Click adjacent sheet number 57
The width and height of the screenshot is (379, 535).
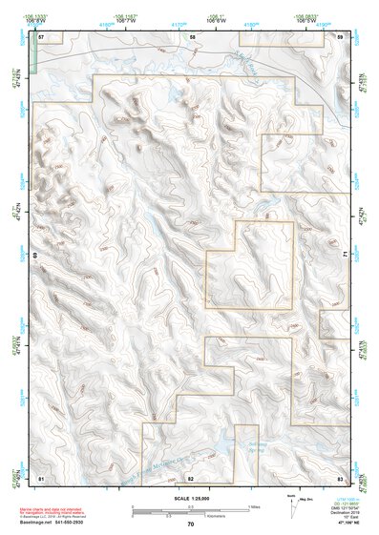[41, 36]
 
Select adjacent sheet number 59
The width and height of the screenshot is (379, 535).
[341, 36]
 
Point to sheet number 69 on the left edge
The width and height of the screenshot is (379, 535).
[34, 257]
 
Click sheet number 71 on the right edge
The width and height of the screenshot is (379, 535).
[347, 256]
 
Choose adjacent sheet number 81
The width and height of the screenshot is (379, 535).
[41, 477]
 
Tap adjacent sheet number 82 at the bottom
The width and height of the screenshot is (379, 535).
[191, 477]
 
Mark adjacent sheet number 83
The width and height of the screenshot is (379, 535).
[341, 477]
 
